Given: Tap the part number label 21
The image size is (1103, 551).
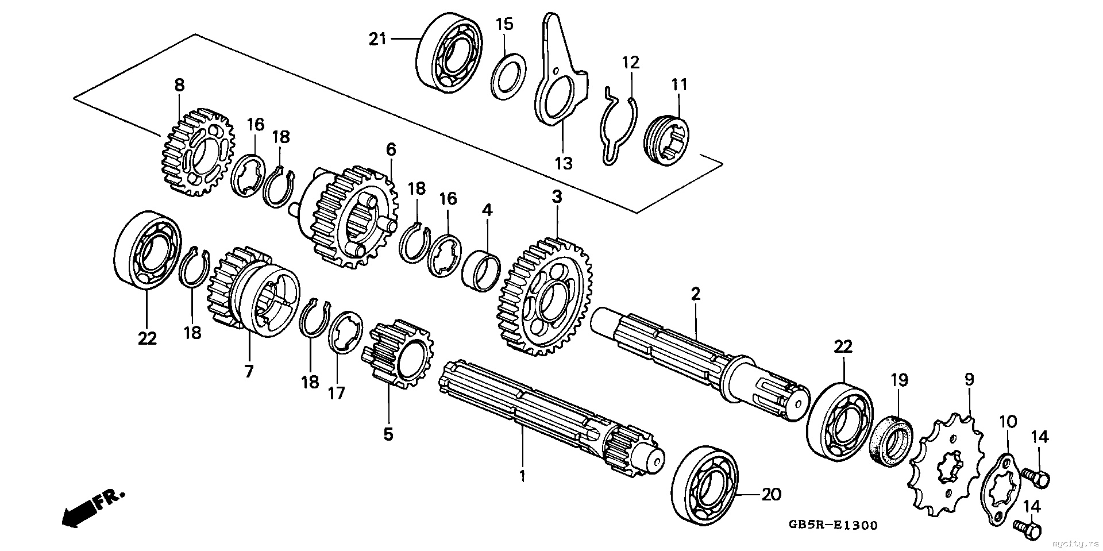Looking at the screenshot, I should tap(377, 39).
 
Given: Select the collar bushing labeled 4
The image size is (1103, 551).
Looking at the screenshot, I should tap(481, 268).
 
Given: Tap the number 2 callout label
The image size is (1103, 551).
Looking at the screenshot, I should tap(696, 295).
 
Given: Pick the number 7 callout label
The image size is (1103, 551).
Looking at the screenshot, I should tap(249, 371).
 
